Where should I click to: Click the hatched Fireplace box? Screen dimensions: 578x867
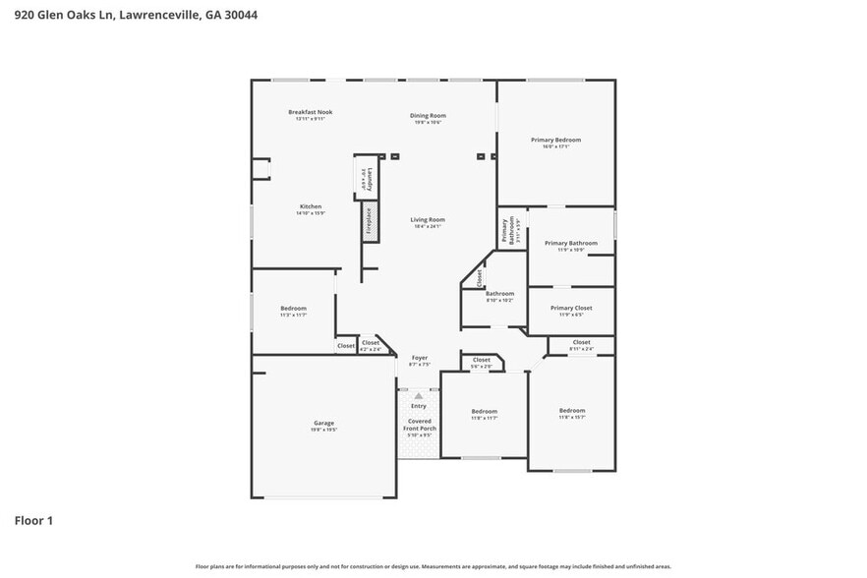369,221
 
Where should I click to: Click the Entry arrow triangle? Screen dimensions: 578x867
418,395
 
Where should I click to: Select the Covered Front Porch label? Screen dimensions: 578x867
420,425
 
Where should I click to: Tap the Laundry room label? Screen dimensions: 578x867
363,179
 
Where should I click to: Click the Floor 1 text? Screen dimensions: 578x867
32,520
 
